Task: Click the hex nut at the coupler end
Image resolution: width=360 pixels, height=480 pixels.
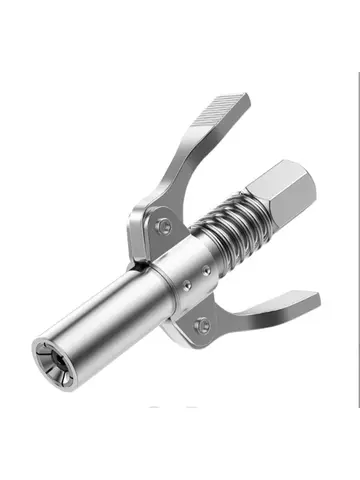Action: tap(283, 196)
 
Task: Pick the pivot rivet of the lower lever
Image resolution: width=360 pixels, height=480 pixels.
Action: tap(203, 322)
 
